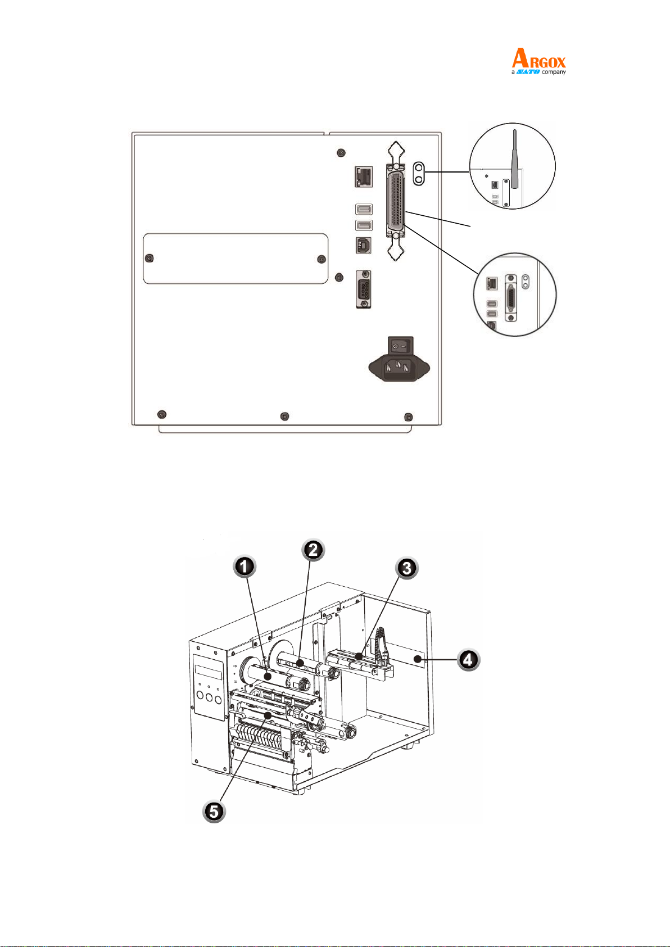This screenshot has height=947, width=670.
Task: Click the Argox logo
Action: pos(538,61)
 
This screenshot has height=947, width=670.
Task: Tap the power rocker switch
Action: pos(400,346)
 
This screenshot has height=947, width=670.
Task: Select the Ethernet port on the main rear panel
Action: pos(364,176)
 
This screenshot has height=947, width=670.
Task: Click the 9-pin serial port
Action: pos(364,289)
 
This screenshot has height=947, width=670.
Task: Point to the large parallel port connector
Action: pos(396,201)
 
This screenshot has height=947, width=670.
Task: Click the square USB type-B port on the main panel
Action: pos(364,246)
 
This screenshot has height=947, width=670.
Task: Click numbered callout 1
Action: pos(245,567)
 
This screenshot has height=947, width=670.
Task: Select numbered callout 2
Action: pos(313,550)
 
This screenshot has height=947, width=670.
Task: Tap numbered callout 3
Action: pos(406,568)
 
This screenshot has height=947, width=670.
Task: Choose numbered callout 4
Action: pos(468,659)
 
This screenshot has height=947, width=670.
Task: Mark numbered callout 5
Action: pos(214,812)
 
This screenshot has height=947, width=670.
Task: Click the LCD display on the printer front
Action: pos(209,672)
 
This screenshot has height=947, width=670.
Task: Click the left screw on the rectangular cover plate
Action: pos(149,259)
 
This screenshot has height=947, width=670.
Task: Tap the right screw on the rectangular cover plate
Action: pos(322,259)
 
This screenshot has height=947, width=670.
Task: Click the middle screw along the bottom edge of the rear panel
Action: pos(285,416)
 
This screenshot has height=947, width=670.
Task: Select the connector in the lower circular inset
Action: pos(511,298)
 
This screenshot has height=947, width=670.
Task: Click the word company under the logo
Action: pos(554,72)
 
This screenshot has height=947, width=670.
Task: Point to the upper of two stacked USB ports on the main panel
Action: pos(364,209)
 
